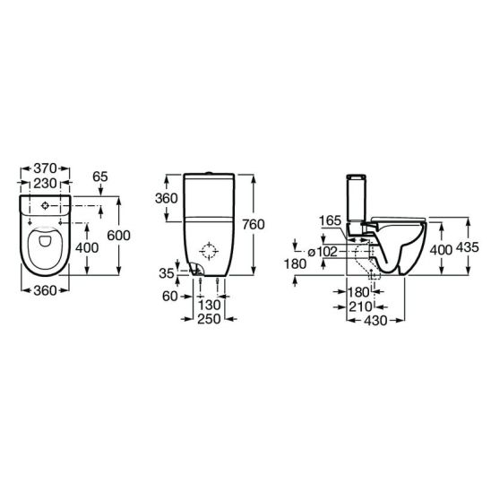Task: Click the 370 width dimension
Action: point(45,168)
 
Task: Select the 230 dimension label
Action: point(45,184)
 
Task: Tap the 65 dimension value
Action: point(100,177)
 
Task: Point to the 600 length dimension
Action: point(118,236)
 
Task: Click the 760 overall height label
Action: point(254,225)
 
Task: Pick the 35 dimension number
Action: point(167,273)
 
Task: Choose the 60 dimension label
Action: point(170,297)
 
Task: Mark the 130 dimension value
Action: point(209,305)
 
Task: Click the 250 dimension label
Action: point(209,319)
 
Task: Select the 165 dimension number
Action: point(330,221)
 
